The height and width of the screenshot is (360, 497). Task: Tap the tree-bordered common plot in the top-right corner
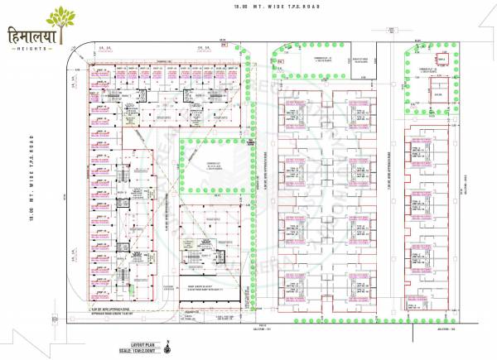[429, 80]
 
